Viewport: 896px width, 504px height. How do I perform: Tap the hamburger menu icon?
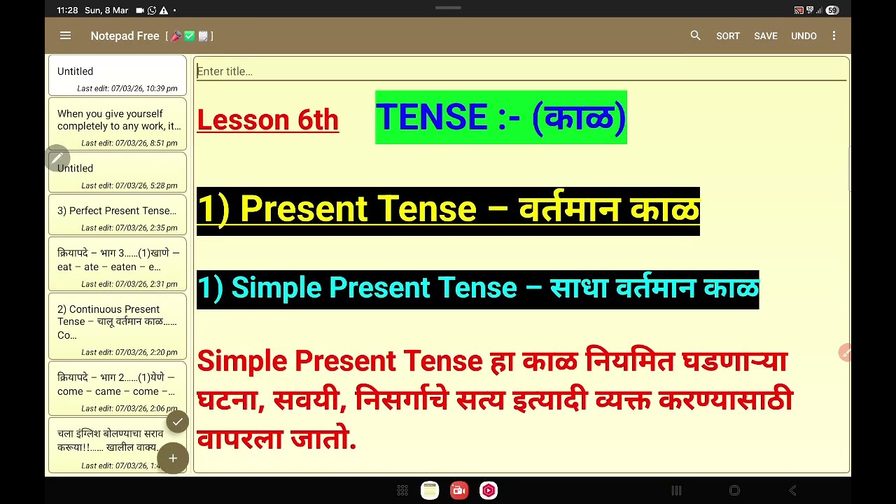65,36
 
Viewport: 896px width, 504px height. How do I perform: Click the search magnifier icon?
695,36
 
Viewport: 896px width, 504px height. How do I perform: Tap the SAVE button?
765,36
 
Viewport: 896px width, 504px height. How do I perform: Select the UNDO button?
804,36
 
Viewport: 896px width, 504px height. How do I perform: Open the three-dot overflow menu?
834,36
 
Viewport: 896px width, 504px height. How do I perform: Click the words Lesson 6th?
267,120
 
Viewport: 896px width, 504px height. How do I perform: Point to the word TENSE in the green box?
431,118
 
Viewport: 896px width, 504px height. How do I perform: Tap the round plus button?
173,458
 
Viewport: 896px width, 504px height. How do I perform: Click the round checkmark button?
178,421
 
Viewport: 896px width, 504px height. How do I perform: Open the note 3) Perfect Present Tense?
117,215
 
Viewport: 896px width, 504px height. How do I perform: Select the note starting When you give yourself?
117,124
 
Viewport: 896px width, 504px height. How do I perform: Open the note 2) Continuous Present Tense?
117,325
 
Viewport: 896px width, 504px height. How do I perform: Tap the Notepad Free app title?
125,36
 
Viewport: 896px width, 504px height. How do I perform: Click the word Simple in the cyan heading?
276,288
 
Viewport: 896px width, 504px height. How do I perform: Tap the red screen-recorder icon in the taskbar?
459,491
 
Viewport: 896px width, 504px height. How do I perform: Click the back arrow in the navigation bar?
792,491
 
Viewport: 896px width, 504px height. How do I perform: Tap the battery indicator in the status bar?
832,10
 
